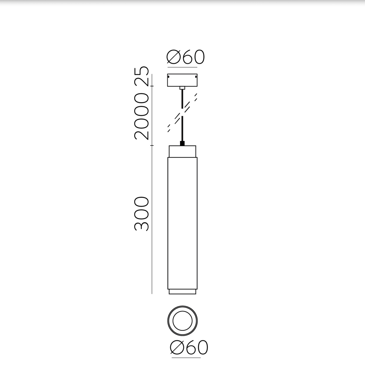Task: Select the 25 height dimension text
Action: (141, 76)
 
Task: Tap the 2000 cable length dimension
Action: (141, 116)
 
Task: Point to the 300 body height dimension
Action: (141, 214)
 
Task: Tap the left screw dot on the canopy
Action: (169, 76)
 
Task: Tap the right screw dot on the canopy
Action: (196, 76)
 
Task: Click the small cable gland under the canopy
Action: (182, 88)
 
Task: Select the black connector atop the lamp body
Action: (182, 143)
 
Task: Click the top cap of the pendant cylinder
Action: (182, 151)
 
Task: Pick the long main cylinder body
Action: (182, 223)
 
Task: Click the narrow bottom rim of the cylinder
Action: (182, 292)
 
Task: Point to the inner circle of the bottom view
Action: (182, 321)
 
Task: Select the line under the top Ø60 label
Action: (182, 67)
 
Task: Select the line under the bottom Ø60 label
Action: (186, 358)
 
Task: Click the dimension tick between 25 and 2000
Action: (152, 86)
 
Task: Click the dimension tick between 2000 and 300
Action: (152, 146)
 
